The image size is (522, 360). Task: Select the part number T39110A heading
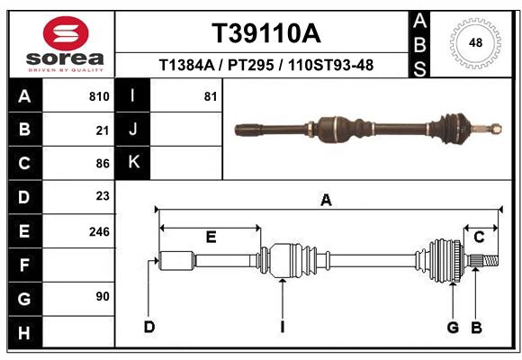click(265, 33)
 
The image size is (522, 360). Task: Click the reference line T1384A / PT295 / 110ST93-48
click(265, 65)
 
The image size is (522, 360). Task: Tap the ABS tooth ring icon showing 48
click(473, 42)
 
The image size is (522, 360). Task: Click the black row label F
click(24, 265)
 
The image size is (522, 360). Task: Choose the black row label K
click(134, 163)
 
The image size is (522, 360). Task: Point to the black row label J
click(134, 130)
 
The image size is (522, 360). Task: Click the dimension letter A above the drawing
click(326, 200)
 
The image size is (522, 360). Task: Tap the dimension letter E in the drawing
click(211, 237)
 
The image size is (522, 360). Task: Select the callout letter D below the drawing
click(149, 326)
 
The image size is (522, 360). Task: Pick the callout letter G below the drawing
click(454, 326)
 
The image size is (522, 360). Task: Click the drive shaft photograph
click(364, 128)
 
